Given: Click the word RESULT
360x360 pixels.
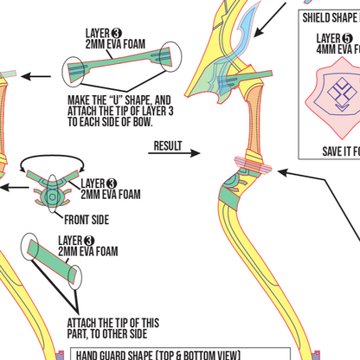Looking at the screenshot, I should (x=168, y=145).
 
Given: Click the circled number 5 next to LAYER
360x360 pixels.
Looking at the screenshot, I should (x=347, y=38).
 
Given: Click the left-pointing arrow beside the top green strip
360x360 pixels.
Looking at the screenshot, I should (x=35, y=77).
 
